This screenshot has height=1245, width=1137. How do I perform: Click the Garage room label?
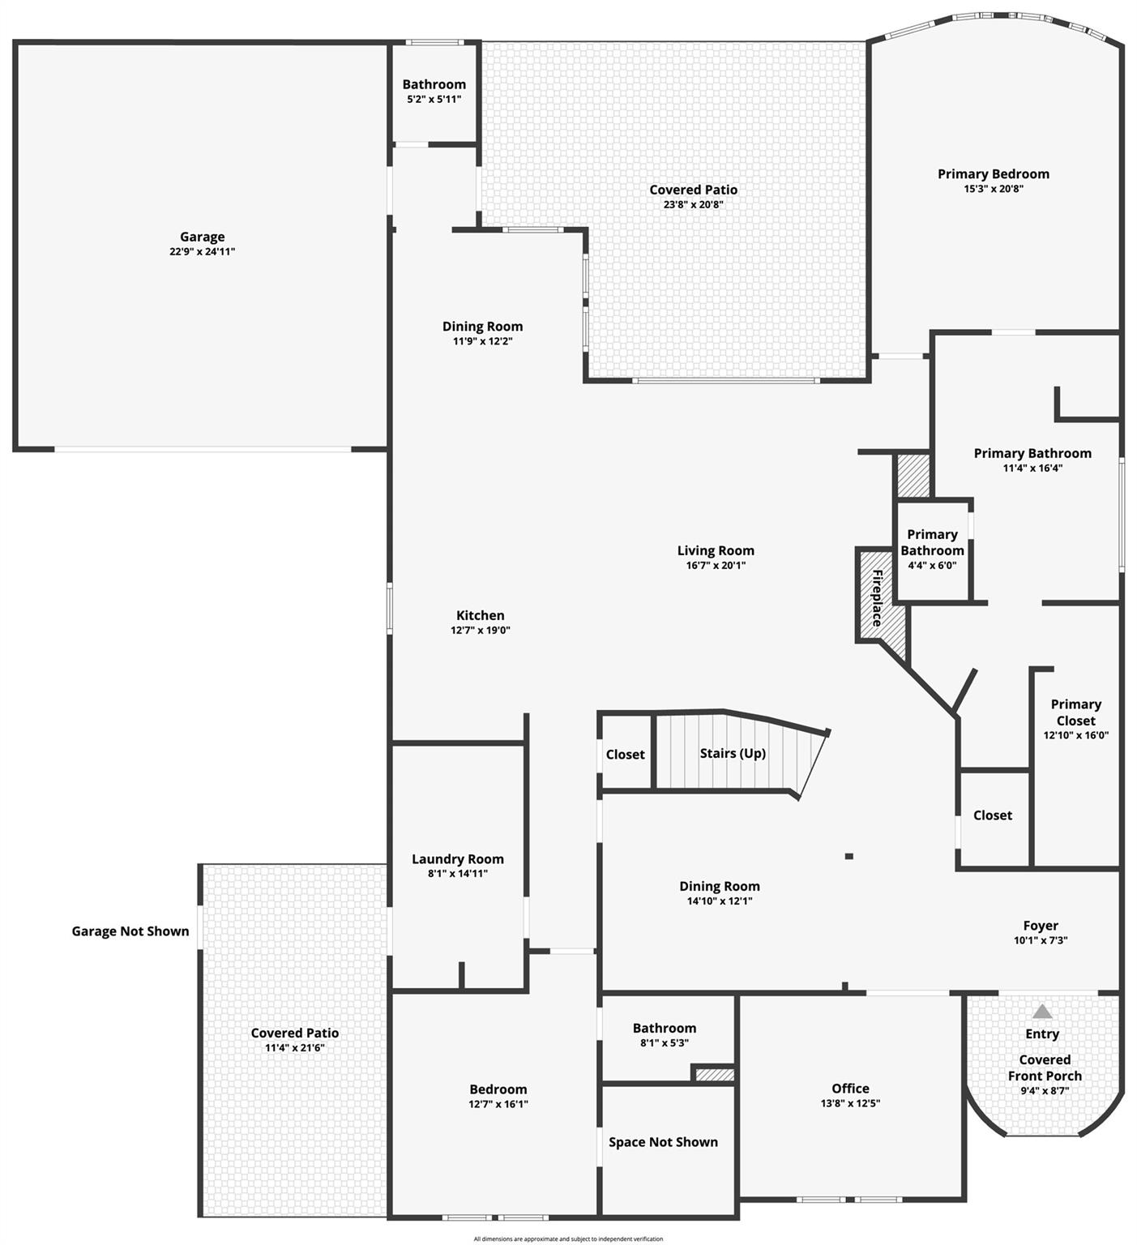click(202, 237)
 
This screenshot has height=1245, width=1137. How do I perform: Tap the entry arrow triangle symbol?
click(1042, 1012)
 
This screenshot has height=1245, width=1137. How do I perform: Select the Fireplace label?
click(877, 598)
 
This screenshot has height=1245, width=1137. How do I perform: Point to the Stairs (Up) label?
click(733, 753)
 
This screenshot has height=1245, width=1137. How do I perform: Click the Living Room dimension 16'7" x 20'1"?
click(716, 565)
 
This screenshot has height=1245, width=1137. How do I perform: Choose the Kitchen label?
click(481, 615)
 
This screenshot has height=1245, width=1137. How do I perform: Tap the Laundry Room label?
click(458, 859)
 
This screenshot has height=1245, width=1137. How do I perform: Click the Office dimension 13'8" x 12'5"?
click(850, 1103)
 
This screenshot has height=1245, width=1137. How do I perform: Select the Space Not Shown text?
click(663, 1142)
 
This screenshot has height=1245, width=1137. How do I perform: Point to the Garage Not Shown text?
click(130, 931)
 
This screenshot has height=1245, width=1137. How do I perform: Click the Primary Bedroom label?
click(994, 173)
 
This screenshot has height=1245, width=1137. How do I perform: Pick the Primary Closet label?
click(1076, 712)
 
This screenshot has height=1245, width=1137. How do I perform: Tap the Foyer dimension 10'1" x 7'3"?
click(1041, 940)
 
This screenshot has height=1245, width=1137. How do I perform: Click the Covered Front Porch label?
click(1045, 1067)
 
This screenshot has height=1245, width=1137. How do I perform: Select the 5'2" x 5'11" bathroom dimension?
click(434, 99)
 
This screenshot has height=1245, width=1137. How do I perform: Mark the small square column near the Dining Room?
click(848, 856)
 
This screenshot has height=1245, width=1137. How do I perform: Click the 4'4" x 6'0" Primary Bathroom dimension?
click(932, 565)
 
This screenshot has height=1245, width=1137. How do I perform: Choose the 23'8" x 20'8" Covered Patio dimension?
click(694, 204)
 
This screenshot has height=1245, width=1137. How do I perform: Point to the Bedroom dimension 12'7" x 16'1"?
click(498, 1104)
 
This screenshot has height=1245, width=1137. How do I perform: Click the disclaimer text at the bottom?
click(568, 1239)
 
